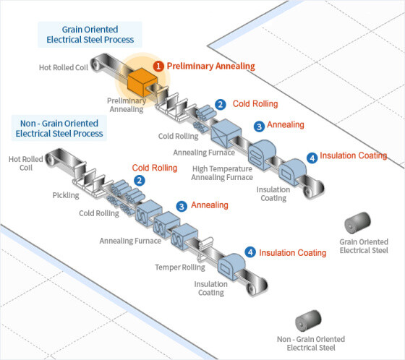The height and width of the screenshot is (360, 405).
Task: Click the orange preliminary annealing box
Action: tap(142, 82)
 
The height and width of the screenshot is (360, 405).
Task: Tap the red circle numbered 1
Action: tap(158, 66)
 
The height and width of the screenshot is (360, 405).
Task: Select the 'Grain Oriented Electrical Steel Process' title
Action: tap(90, 35)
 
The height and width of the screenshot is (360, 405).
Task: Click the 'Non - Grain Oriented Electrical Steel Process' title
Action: tap(59, 129)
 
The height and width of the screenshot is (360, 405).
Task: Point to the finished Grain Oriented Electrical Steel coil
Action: tap(358, 223)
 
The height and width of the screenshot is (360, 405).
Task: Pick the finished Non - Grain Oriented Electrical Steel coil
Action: tap(308, 320)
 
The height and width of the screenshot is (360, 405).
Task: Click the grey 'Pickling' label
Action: tap(66, 195)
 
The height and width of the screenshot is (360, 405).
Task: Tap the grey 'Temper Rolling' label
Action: tap(180, 267)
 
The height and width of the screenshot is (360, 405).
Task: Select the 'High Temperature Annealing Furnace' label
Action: tap(222, 173)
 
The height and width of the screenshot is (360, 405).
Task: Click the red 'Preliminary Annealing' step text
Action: tap(210, 66)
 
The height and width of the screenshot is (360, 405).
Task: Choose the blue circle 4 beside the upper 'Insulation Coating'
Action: tap(312, 158)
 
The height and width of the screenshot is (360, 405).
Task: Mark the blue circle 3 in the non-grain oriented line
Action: tap(182, 206)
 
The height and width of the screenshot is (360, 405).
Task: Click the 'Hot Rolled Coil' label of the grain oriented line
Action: tap(64, 67)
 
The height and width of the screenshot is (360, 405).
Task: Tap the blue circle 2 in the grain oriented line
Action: tap(221, 105)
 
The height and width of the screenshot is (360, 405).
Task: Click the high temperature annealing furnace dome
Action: tap(262, 155)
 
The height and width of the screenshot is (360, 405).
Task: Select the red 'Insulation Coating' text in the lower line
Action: tap(293, 252)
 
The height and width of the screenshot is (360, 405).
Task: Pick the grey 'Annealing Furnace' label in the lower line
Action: tap(130, 241)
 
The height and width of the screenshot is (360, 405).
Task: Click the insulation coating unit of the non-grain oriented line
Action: tap(231, 267)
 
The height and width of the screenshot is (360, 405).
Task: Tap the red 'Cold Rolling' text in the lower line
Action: tap(155, 168)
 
